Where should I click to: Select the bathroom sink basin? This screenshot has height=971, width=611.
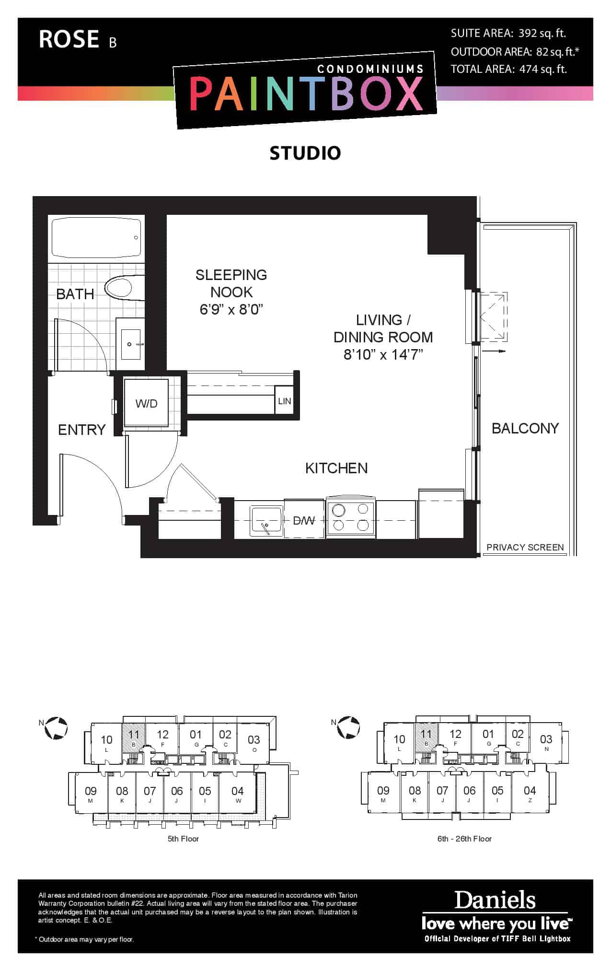point(131,344)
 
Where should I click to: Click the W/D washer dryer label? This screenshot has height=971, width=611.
point(146,403)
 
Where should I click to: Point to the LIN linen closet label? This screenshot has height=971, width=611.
point(285,401)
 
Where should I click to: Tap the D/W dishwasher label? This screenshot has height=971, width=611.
point(304,520)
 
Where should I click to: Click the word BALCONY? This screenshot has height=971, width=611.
point(525,428)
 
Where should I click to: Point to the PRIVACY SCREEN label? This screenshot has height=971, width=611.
point(525,547)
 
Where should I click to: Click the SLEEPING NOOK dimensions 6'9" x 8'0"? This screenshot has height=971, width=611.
point(231,309)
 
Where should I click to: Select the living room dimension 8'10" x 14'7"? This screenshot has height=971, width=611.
point(383,354)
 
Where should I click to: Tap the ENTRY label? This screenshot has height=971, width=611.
point(82,430)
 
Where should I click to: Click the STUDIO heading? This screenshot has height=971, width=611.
point(305,153)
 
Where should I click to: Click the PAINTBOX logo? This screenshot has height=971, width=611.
point(305,94)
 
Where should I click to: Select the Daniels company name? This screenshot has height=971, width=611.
point(495,900)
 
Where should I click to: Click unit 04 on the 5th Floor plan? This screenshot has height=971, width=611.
point(238,794)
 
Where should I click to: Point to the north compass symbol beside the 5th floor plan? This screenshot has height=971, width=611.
point(56,728)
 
